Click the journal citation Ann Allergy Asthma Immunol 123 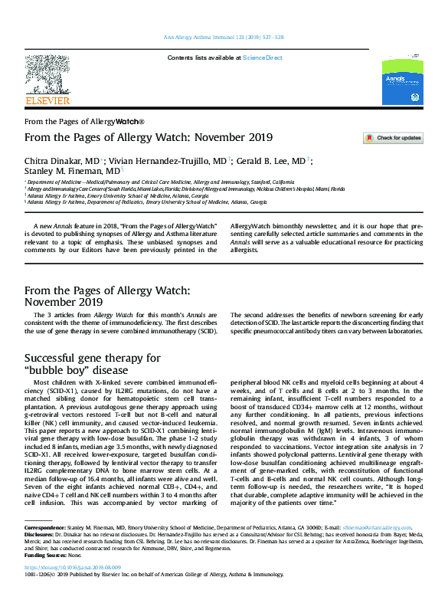tap(223, 37)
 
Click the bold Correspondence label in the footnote tap(44, 550)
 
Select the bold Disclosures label tap(40, 557)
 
